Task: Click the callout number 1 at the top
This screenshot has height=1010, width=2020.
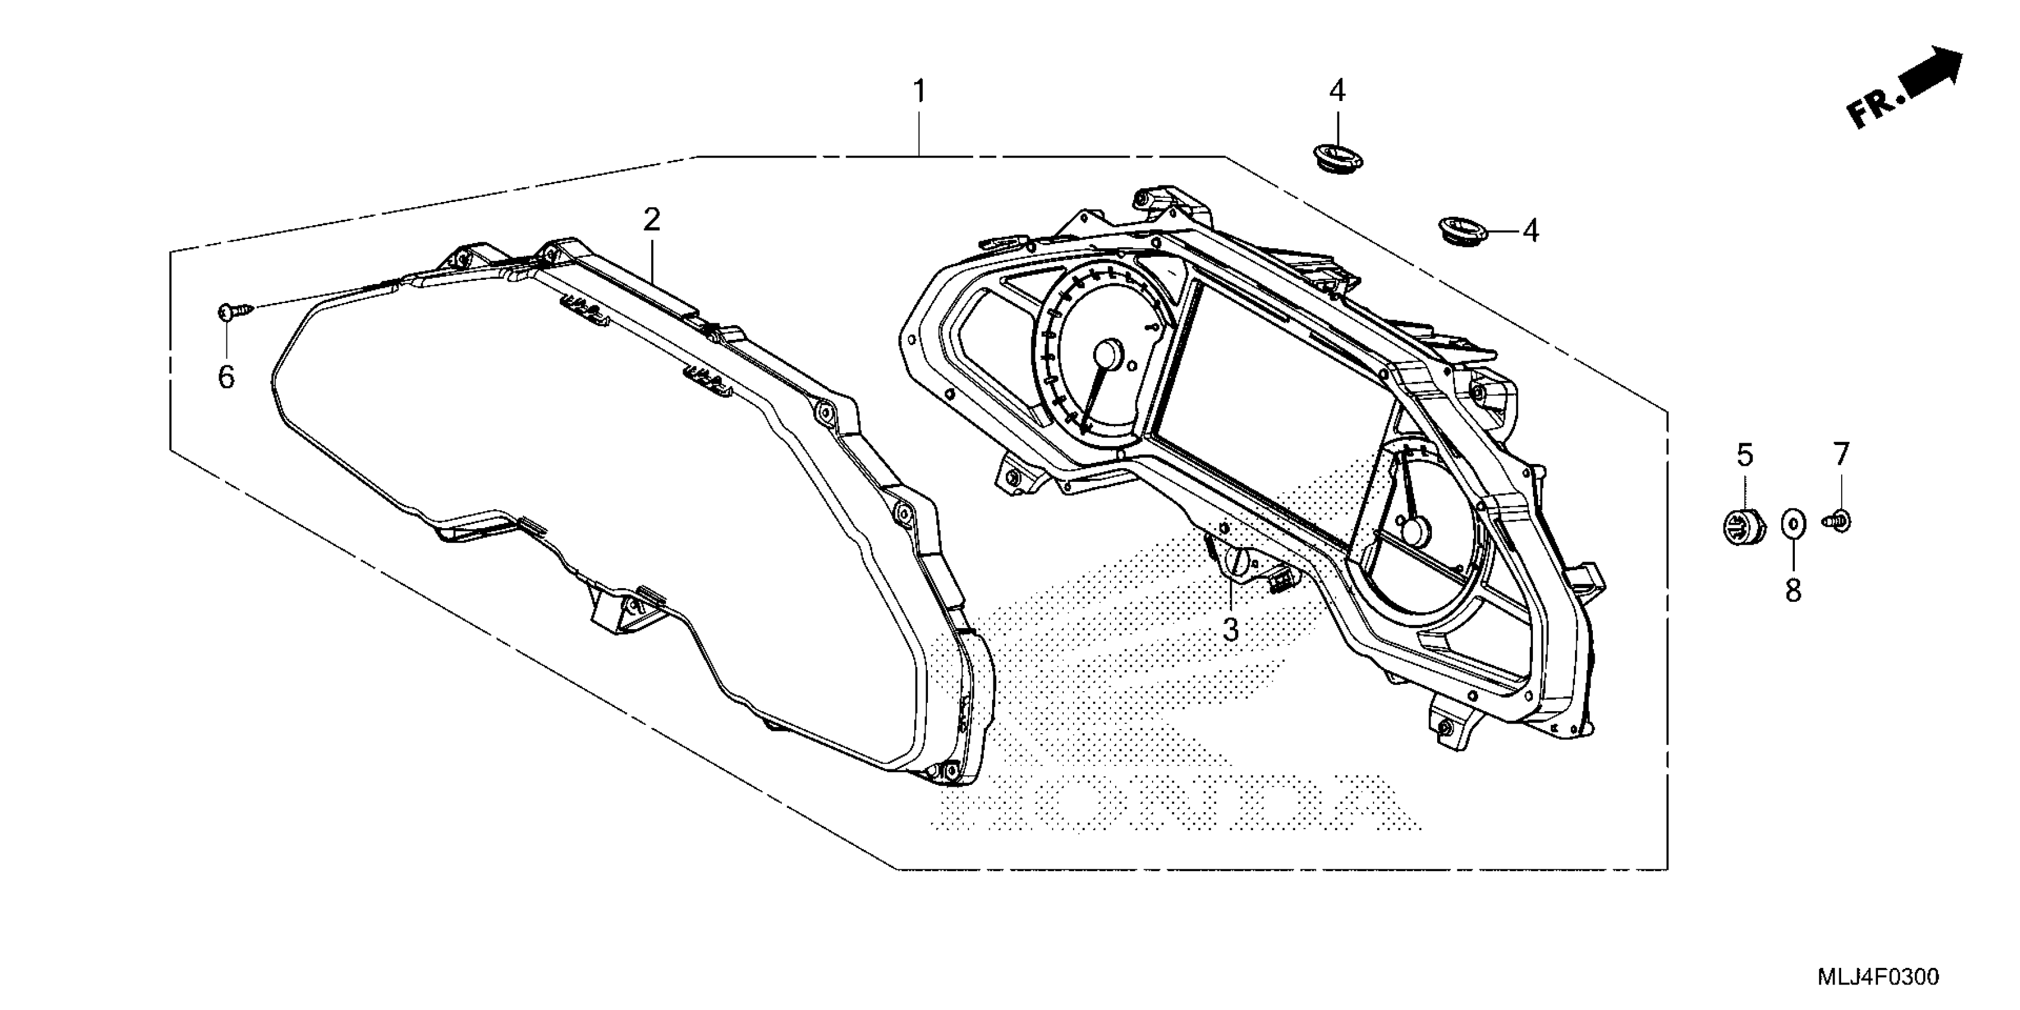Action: tap(919, 93)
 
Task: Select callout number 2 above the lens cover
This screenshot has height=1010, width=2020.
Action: tap(652, 220)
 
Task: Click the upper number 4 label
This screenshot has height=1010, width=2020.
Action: tap(1337, 91)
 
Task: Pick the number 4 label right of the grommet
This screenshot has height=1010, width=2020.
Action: tap(1530, 231)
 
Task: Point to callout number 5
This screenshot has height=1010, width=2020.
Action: tap(1745, 455)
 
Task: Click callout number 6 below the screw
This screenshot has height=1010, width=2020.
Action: tap(226, 377)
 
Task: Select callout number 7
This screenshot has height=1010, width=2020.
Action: tap(1841, 453)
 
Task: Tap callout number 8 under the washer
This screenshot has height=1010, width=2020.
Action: tap(1794, 591)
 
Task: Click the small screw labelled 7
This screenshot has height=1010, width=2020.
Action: tap(1839, 520)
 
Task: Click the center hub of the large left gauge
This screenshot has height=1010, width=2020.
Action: tap(1108, 353)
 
